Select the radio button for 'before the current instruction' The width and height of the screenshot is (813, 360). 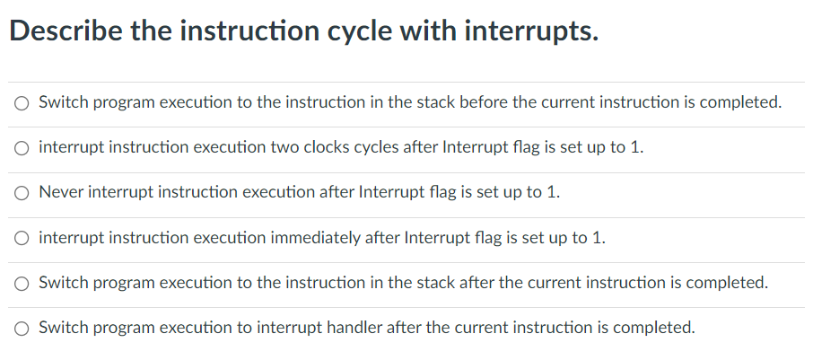pyautogui.click(x=22, y=103)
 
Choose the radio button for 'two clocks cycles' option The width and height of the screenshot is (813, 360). pyautogui.click(x=22, y=148)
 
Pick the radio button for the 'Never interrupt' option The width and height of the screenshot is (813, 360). pyautogui.click(x=22, y=193)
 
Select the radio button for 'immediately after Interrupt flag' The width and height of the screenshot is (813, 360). pyautogui.click(x=22, y=239)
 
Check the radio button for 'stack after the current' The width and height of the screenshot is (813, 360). pyautogui.click(x=22, y=284)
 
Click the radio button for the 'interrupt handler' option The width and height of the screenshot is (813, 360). pyautogui.click(x=22, y=329)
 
